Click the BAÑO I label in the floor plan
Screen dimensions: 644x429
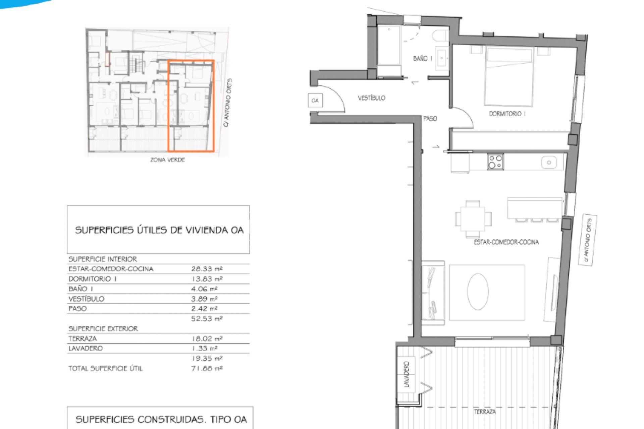(x=423, y=58)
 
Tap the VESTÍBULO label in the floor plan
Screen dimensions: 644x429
(x=371, y=98)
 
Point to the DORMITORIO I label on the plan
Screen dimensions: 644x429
(x=507, y=114)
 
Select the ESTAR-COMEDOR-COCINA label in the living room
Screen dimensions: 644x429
(x=506, y=242)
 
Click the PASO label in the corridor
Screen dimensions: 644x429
(x=430, y=119)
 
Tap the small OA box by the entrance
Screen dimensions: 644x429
(x=315, y=101)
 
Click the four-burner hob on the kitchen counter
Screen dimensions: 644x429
(x=495, y=162)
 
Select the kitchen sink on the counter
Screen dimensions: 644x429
(x=549, y=163)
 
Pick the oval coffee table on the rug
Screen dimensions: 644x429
(x=478, y=292)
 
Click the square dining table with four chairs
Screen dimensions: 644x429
(x=473, y=219)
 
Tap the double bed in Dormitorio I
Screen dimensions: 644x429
(x=509, y=76)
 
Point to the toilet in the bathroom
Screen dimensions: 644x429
(x=440, y=36)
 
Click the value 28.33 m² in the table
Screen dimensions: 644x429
(x=207, y=269)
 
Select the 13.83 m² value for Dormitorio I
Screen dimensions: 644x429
(x=207, y=279)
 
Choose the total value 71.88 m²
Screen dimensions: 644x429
(x=207, y=368)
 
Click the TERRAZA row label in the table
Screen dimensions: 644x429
(x=83, y=339)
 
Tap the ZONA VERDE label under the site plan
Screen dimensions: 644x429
(x=167, y=160)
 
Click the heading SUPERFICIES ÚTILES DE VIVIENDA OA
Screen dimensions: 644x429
(x=159, y=230)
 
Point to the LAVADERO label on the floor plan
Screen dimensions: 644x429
(x=407, y=374)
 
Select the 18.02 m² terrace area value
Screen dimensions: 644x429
(x=207, y=339)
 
